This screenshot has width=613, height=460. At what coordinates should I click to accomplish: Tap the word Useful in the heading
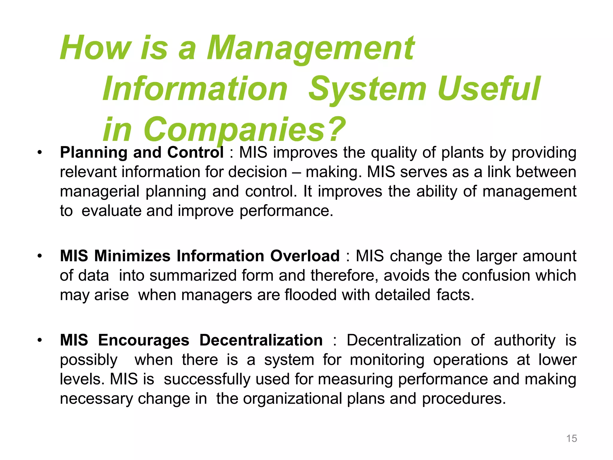point(488,89)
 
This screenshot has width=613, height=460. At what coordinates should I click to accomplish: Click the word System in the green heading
point(367,90)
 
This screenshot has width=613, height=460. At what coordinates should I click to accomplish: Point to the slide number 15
point(571,438)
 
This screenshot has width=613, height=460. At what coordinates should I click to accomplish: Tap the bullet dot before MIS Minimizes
point(40,256)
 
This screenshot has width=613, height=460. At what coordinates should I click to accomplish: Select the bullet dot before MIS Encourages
point(40,341)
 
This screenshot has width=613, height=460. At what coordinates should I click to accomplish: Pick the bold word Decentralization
point(261,340)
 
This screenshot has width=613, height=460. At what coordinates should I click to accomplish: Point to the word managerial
point(100,192)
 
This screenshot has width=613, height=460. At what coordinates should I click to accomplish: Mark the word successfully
point(207,379)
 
